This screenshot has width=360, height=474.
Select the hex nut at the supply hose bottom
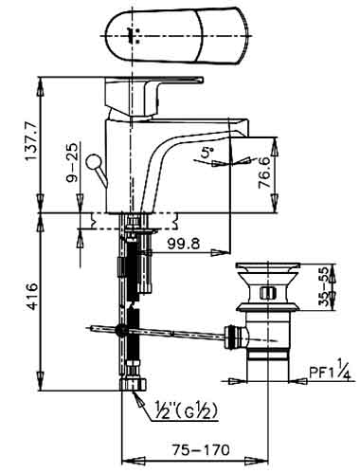tap(134, 384)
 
